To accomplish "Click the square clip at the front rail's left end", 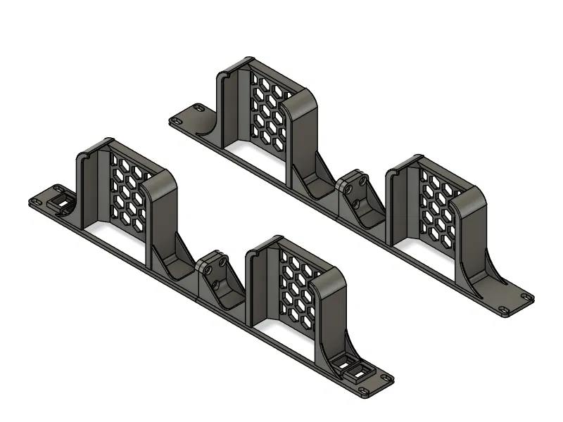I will click(x=63, y=203).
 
